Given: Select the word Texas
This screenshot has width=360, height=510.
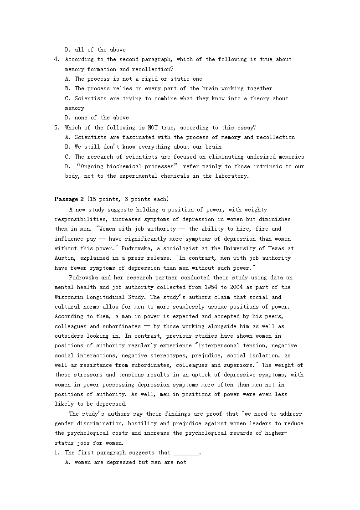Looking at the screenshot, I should click(277, 248).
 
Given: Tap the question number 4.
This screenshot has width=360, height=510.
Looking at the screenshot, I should click(57, 59).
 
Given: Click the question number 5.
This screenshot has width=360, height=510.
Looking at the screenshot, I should click(57, 128).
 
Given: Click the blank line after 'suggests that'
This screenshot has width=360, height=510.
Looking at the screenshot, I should click(186, 453).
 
